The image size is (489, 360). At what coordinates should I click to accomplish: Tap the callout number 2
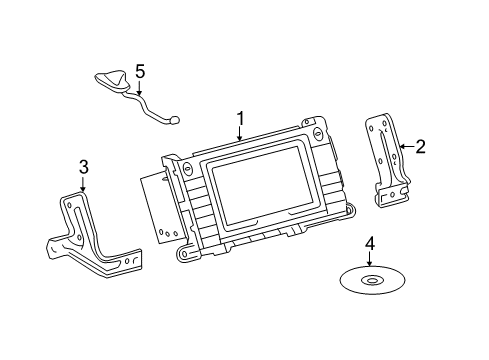[x=420, y=147]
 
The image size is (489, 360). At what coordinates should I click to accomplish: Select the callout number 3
[x=84, y=167]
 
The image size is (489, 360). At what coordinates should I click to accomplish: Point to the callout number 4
[x=370, y=243]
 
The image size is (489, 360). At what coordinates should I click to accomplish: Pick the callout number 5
[x=140, y=72]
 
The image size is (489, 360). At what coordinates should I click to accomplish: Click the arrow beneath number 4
[x=369, y=259]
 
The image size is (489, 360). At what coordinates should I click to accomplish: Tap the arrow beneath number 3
[x=83, y=183]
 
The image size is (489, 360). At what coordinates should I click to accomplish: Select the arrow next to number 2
[x=407, y=146]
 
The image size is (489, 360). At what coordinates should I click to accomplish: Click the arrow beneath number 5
[x=139, y=87]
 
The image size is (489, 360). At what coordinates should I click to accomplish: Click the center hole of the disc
[x=372, y=280]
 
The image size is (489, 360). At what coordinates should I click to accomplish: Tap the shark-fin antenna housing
[x=112, y=80]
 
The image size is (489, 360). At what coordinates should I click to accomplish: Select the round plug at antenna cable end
[x=175, y=119]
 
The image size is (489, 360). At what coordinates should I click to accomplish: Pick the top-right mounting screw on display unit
[x=317, y=134]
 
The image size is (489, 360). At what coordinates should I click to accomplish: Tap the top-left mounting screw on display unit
[x=187, y=168]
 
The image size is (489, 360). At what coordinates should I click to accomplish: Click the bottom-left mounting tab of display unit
[x=184, y=254]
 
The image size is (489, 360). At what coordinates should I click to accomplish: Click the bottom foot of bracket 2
[x=393, y=197]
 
